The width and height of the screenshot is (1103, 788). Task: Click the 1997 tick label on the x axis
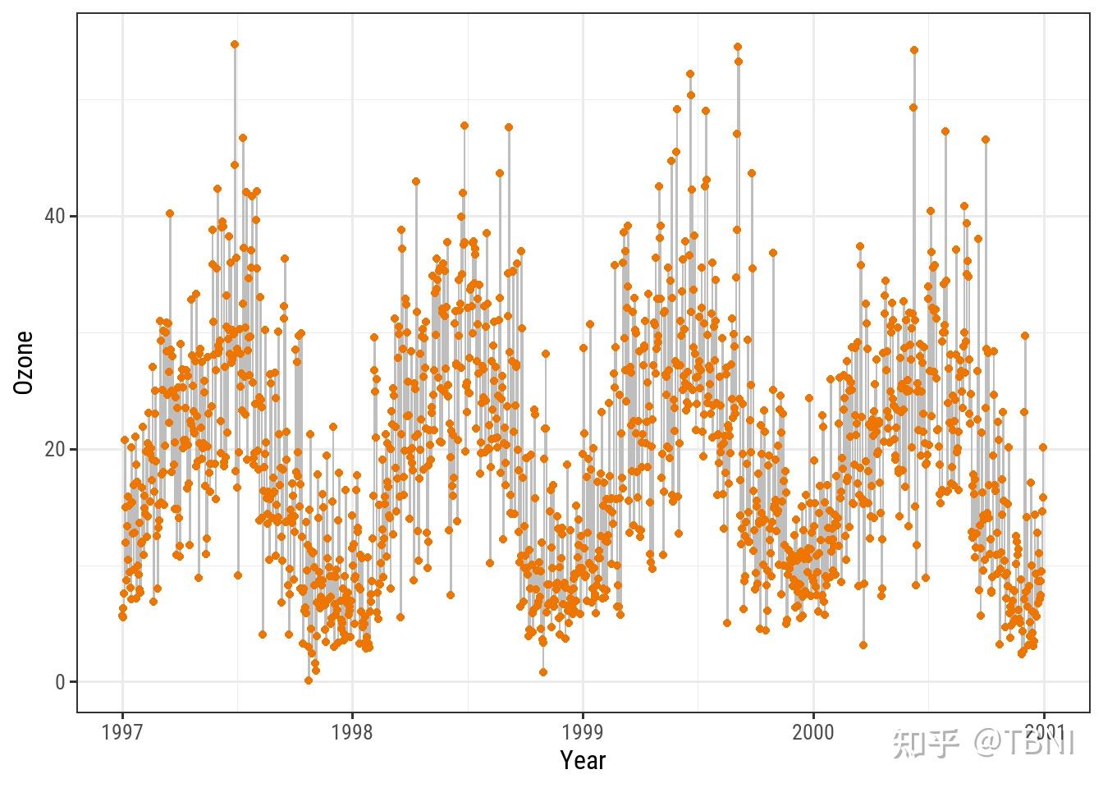click(122, 732)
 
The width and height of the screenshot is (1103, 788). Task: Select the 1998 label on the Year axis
click(352, 732)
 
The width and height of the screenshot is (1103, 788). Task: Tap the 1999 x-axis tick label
click(583, 732)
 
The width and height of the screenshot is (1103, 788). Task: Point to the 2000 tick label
click(813, 732)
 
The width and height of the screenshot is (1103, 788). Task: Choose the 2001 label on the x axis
click(1043, 732)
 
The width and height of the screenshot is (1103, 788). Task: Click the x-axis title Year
click(583, 761)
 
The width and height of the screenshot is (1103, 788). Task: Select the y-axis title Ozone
click(24, 362)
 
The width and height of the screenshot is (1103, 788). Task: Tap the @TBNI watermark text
click(1024, 744)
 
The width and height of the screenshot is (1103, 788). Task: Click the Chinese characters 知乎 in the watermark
click(925, 744)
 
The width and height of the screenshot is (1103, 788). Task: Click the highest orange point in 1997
click(235, 44)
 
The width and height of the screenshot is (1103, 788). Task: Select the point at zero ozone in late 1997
click(309, 680)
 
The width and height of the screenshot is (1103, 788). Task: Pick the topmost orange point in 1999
click(737, 47)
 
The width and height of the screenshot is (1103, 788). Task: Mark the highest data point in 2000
click(914, 50)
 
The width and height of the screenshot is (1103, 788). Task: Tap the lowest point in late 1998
click(543, 672)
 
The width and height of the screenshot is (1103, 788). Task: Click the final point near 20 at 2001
click(1043, 447)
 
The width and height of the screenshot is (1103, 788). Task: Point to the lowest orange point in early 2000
click(863, 645)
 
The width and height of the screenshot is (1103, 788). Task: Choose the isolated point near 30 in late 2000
click(1024, 336)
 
